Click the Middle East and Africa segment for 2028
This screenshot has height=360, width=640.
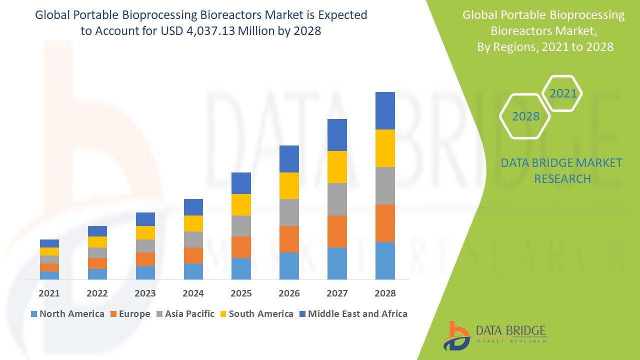pyautogui.click(x=385, y=110)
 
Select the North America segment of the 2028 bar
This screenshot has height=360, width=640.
pyautogui.click(x=385, y=260)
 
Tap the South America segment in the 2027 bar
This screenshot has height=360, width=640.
pyautogui.click(x=337, y=167)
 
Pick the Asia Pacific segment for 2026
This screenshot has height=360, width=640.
pyautogui.click(x=289, y=212)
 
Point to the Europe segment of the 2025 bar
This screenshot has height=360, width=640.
pyautogui.click(x=241, y=247)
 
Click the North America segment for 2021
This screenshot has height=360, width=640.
pyautogui.click(x=49, y=275)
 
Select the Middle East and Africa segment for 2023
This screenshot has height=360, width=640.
pyautogui.click(x=145, y=219)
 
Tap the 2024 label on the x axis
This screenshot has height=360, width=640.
pyautogui.click(x=193, y=293)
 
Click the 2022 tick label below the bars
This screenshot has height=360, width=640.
pyautogui.click(x=97, y=293)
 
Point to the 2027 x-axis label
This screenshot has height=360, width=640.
pyautogui.click(x=337, y=293)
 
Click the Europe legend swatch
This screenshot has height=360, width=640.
pyautogui.click(x=114, y=314)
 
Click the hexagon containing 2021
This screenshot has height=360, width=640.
pyautogui.click(x=563, y=93)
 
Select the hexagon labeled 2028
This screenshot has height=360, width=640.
pyautogui.click(x=525, y=116)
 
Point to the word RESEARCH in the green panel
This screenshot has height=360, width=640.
pyautogui.click(x=562, y=178)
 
